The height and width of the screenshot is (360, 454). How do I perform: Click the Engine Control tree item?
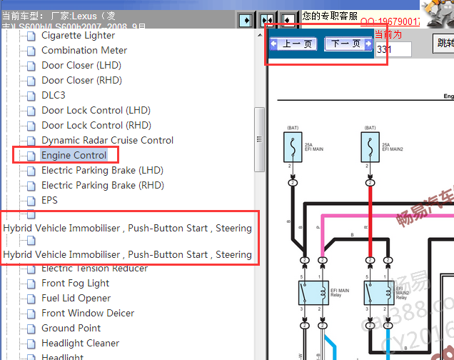(74, 155)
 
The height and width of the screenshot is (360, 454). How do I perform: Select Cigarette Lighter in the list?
(78, 35)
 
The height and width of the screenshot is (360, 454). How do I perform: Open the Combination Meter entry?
(84, 50)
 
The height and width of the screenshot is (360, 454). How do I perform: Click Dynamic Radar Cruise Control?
(107, 140)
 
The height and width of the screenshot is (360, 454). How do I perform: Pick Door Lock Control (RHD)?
(96, 125)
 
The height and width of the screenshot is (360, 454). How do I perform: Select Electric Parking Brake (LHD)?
(102, 170)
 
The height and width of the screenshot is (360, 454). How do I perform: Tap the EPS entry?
(49, 200)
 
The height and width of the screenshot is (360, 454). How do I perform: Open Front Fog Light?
(75, 283)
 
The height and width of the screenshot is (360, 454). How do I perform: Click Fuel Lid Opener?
(76, 298)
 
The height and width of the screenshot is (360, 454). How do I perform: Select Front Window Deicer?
(88, 313)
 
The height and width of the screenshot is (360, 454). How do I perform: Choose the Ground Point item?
(71, 328)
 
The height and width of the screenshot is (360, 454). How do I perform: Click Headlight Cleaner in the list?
(81, 343)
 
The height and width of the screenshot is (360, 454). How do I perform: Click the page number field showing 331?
(393, 49)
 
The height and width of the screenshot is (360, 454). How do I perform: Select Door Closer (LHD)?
(81, 65)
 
